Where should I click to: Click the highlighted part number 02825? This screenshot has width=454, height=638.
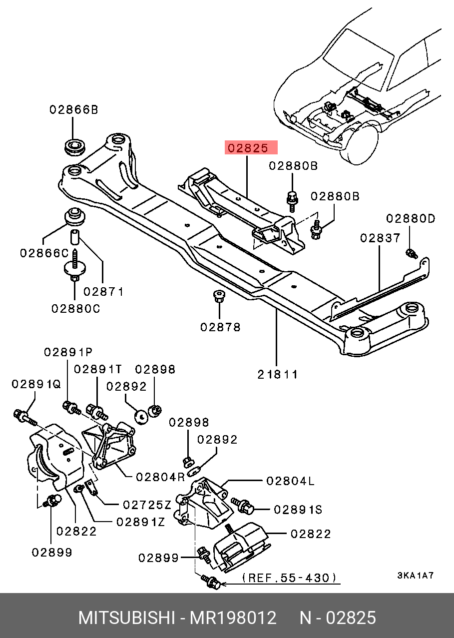point(251,148)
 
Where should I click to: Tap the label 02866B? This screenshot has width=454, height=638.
point(73,109)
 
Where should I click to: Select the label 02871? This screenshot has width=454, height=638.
point(103,291)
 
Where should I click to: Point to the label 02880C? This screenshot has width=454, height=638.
point(75,309)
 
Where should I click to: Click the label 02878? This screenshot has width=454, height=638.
point(220,327)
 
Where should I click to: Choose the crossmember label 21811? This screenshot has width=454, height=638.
point(278,374)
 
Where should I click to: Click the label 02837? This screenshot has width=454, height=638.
point(380,238)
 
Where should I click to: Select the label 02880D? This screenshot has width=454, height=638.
point(411,218)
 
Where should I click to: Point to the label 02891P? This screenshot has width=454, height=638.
point(68,352)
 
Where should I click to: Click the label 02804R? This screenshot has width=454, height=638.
point(160,477)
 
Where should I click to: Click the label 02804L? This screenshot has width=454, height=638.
point(291,481)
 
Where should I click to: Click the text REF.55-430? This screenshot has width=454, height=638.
point(289,578)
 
